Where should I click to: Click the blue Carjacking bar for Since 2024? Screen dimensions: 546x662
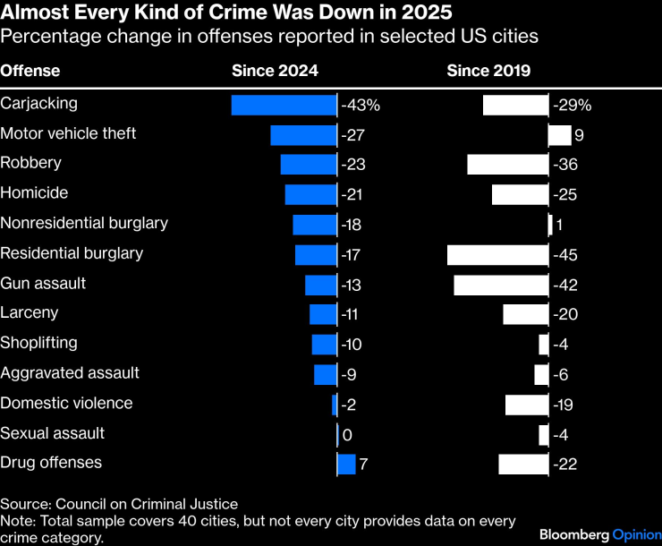[x=284, y=105]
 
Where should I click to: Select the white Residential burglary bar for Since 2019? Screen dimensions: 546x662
[x=497, y=254]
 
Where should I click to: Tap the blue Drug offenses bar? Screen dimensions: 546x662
[x=346, y=464]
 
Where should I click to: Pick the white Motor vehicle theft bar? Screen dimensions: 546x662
[x=559, y=135]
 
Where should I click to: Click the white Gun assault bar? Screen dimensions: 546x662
[x=501, y=285]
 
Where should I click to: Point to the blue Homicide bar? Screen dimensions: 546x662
[x=310, y=194]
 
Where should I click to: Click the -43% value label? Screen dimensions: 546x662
[x=361, y=105]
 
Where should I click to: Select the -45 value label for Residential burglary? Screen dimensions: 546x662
[x=565, y=255]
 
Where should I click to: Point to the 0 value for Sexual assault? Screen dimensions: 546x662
[x=347, y=434]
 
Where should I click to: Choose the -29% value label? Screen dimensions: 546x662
[x=572, y=105]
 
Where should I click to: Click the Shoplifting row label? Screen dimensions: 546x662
[x=38, y=343]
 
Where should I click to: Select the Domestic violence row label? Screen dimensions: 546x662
[x=66, y=403]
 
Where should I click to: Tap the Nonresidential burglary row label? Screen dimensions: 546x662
[x=84, y=223]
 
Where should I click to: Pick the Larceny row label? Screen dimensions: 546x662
[x=30, y=312]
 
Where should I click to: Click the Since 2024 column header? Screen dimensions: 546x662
[x=275, y=71]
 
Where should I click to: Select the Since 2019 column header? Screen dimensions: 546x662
[x=488, y=71]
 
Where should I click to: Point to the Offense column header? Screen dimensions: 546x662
[x=30, y=71]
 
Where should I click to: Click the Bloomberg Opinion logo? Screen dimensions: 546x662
[x=599, y=534]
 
